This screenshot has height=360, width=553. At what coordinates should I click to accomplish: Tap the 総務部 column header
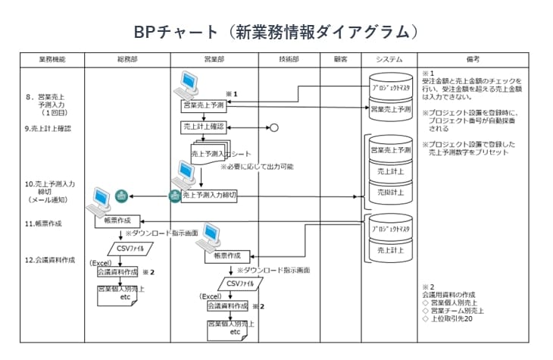click(126, 59)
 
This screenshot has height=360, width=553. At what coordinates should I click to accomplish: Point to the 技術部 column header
click(288, 59)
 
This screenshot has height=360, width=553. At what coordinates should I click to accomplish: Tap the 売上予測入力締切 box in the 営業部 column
click(210, 196)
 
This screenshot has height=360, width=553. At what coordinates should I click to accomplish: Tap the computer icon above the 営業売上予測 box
click(185, 85)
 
